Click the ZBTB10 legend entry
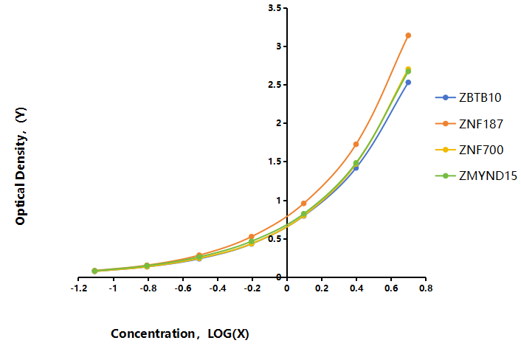468,97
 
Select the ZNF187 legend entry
469,124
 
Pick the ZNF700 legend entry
469,150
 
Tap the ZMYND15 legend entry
476,176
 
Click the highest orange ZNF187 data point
408,35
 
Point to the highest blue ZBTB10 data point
408,83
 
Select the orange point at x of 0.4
356,144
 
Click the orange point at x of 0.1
304,204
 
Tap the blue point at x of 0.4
356,168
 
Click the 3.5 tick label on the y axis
275,7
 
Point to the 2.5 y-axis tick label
275,85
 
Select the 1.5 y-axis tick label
275,162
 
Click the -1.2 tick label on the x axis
79,288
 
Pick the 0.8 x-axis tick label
426,288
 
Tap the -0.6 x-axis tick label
183,288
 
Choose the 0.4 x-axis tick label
356,288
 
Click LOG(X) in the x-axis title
228,333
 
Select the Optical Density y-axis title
20,166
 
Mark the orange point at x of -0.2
252,237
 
